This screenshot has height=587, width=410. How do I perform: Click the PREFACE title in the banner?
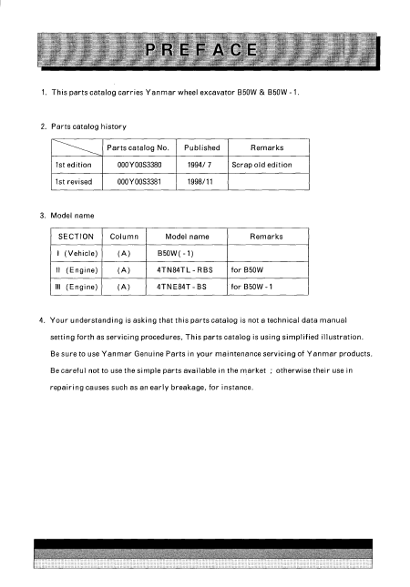click(x=204, y=48)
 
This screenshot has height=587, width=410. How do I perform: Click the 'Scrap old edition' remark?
click(x=261, y=165)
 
